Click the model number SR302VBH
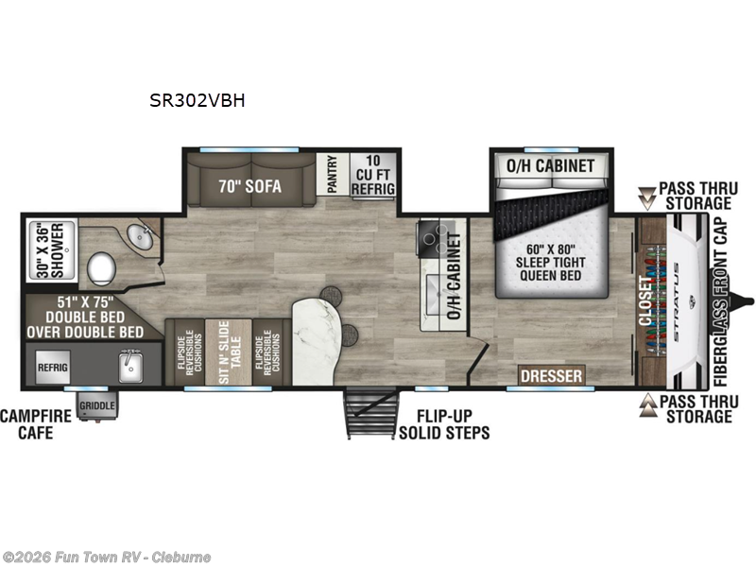point(197,101)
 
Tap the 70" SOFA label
point(249,186)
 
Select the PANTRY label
point(332,176)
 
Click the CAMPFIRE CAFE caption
point(26,424)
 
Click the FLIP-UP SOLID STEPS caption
point(443,424)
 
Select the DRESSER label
point(551,376)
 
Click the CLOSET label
point(647,301)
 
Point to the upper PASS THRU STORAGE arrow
point(647,197)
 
